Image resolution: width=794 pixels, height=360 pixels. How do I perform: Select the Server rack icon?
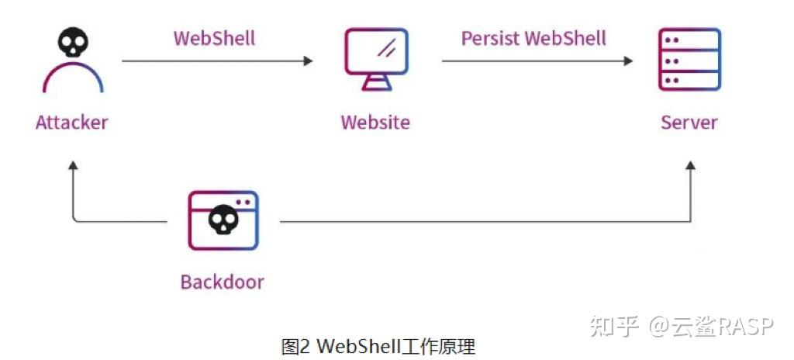[x=689, y=60]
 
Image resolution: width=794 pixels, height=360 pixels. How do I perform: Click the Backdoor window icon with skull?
[x=223, y=220]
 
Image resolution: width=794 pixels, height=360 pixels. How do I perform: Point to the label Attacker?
[x=72, y=122]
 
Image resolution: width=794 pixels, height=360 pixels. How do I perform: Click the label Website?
[x=375, y=122]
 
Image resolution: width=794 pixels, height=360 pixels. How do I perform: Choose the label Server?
[x=689, y=122]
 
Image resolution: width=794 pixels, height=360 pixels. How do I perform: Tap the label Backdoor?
[x=223, y=281]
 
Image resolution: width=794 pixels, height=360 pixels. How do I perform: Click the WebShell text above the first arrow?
[x=215, y=38]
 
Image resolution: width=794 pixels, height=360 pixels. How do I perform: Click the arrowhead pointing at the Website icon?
[x=309, y=61]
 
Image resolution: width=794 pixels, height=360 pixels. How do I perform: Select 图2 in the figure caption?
[x=295, y=345]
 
